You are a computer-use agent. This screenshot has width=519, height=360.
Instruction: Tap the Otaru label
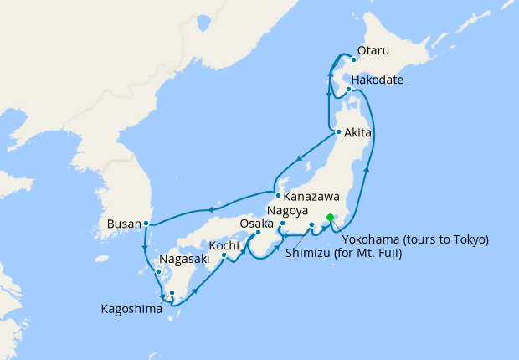pyautogui.click(x=373, y=51)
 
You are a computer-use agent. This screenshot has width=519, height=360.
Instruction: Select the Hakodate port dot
pyautogui.click(x=348, y=89)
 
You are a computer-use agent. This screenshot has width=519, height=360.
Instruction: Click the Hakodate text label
pyautogui.click(x=378, y=80)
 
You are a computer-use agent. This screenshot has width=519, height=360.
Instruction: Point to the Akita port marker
pyautogui.click(x=337, y=132)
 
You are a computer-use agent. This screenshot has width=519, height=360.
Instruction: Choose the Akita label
pyautogui.click(x=358, y=131)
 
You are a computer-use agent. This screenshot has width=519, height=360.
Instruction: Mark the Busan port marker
pyautogui.click(x=146, y=223)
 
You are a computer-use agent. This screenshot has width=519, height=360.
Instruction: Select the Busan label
pyautogui.click(x=125, y=224)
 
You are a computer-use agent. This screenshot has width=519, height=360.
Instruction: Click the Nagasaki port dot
pyautogui.click(x=158, y=270)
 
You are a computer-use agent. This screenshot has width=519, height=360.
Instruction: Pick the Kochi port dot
pyautogui.click(x=224, y=255)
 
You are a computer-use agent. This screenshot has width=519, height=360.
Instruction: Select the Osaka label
pyautogui.click(x=256, y=224)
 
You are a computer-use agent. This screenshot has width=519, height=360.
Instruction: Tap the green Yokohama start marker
pyautogui.click(x=331, y=218)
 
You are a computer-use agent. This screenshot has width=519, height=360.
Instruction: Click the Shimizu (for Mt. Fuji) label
pyautogui.click(x=343, y=252)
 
